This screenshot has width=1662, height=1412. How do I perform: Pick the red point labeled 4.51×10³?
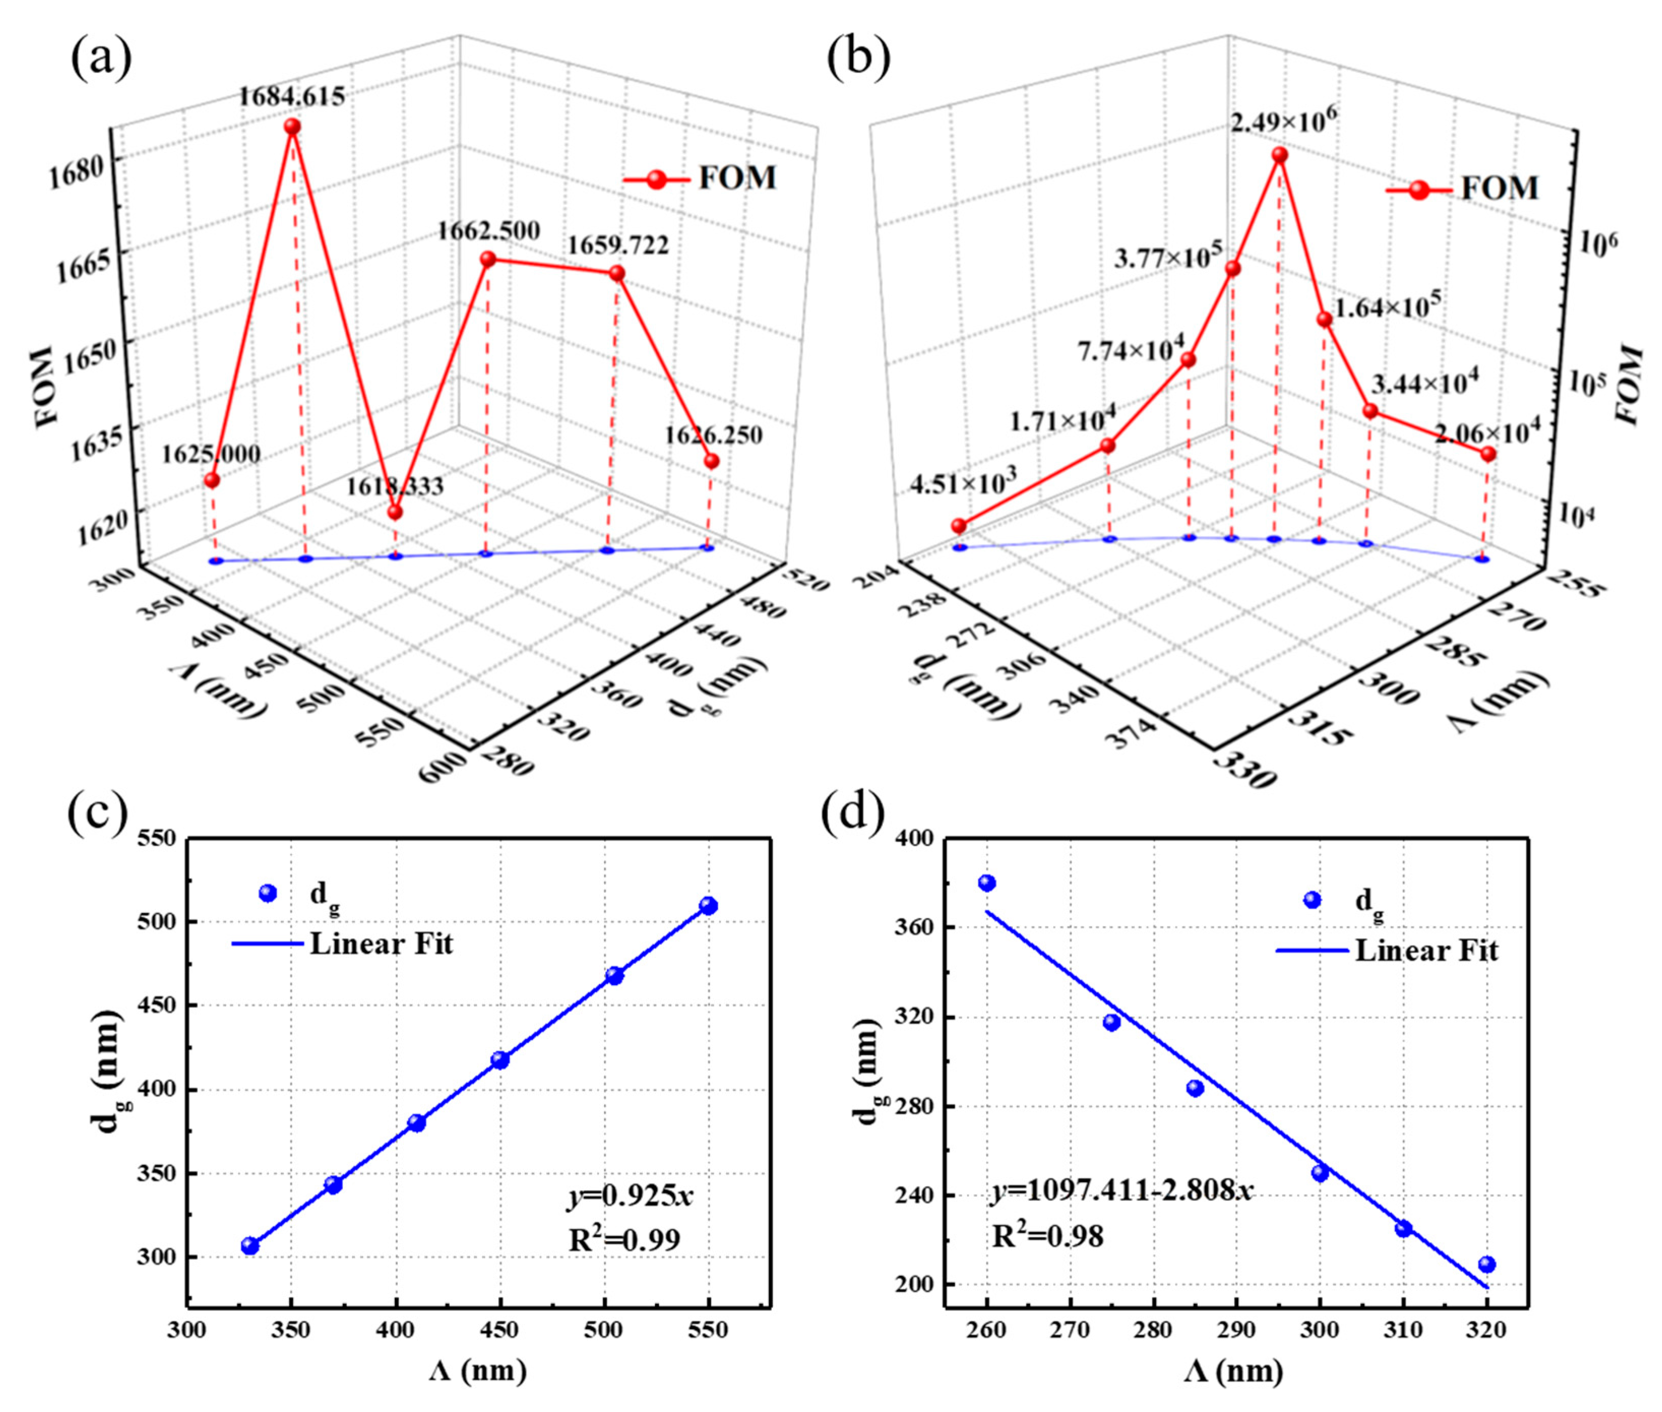tap(958, 526)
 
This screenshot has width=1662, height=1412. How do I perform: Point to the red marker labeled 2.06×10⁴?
tap(1488, 454)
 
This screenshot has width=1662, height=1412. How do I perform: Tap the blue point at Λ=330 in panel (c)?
tap(250, 1246)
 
